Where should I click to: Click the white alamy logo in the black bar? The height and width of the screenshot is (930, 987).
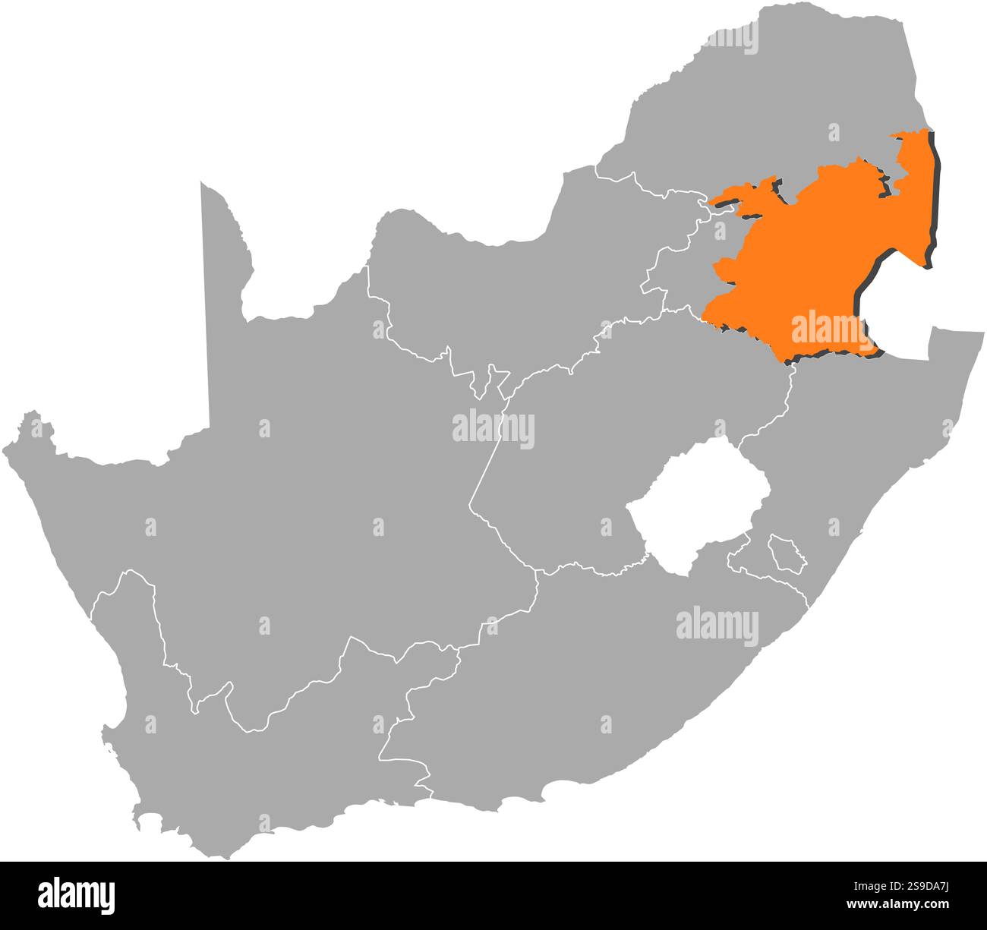click(x=77, y=896)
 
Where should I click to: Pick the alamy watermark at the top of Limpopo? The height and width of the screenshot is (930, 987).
click(x=728, y=37)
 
